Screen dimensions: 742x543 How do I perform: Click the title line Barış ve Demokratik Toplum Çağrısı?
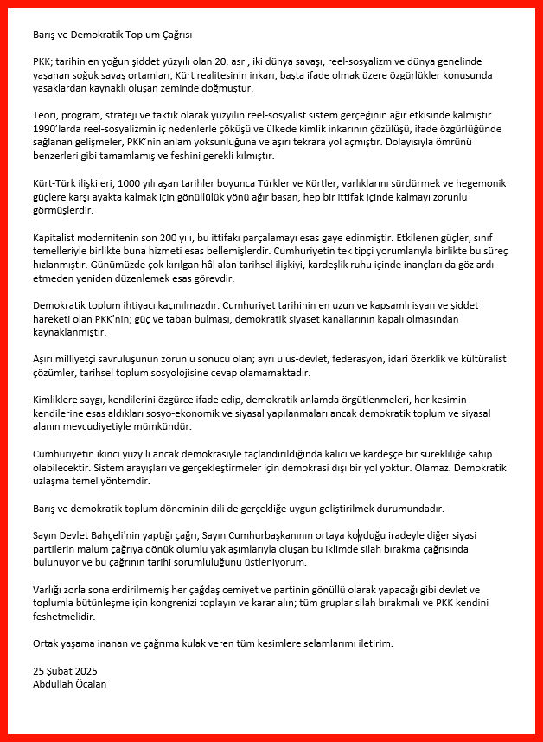(x=112, y=35)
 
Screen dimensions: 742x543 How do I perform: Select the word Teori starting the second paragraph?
(x=46, y=115)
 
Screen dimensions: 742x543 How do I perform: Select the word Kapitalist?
(x=57, y=236)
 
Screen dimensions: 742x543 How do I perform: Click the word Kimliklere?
(x=60, y=400)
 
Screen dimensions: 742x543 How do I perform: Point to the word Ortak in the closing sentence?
(x=47, y=643)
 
